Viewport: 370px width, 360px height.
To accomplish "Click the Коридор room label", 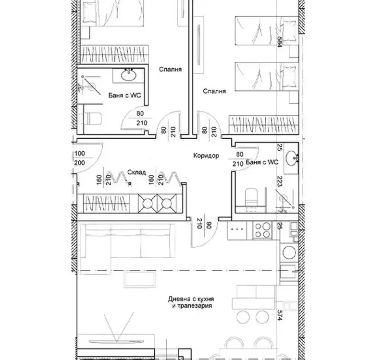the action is coord(206,156).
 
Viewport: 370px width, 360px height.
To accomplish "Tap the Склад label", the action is coord(136,172).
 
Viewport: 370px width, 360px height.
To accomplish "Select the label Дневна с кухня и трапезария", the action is coord(191,302).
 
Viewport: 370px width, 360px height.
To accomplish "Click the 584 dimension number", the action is coord(279,42).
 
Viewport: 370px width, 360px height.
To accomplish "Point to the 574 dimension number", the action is coord(280,315).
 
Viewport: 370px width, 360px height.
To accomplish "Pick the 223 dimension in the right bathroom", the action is coord(280,181).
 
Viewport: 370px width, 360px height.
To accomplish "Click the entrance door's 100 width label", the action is coord(79,154).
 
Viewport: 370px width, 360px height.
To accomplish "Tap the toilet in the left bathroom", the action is coord(93,119).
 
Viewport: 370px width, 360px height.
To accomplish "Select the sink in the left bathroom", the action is coord(128,75).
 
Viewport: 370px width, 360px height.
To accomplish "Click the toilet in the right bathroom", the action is coord(251,197).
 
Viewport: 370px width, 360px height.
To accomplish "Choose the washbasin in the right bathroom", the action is coord(292,158).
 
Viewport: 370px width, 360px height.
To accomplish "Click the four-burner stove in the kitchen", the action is coord(262,230).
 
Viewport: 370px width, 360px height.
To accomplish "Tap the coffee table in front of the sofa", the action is coord(140,279).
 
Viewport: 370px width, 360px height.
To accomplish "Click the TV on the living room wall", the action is coord(117,341).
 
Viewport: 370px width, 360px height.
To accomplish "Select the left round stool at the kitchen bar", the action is coord(243,317).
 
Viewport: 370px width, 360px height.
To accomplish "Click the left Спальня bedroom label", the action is coord(171,69).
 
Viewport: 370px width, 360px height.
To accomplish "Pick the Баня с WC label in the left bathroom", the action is coord(124,95).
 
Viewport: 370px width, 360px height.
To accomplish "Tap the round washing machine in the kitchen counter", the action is coord(289,253).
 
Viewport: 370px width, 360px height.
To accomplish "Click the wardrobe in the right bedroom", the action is coord(264,125).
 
